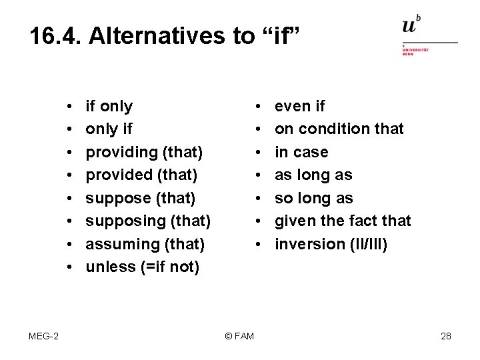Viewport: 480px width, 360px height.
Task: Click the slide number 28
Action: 446,336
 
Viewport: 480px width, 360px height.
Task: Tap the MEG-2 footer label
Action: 43,336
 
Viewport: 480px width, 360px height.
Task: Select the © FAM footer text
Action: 239,336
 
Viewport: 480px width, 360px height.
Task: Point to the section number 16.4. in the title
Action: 55,37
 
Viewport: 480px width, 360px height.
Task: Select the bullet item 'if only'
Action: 109,106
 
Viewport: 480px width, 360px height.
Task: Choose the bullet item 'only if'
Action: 109,129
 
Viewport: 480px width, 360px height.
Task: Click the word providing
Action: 121,152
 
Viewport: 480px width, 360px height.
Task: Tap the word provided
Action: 119,175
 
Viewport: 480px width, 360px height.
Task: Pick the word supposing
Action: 124,221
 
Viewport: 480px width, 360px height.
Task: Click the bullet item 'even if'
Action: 300,106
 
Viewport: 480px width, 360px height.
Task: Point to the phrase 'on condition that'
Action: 339,129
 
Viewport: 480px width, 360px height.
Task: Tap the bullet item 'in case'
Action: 301,152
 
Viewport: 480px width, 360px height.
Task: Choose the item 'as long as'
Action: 313,175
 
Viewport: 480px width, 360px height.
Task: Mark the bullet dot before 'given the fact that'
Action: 257,221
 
